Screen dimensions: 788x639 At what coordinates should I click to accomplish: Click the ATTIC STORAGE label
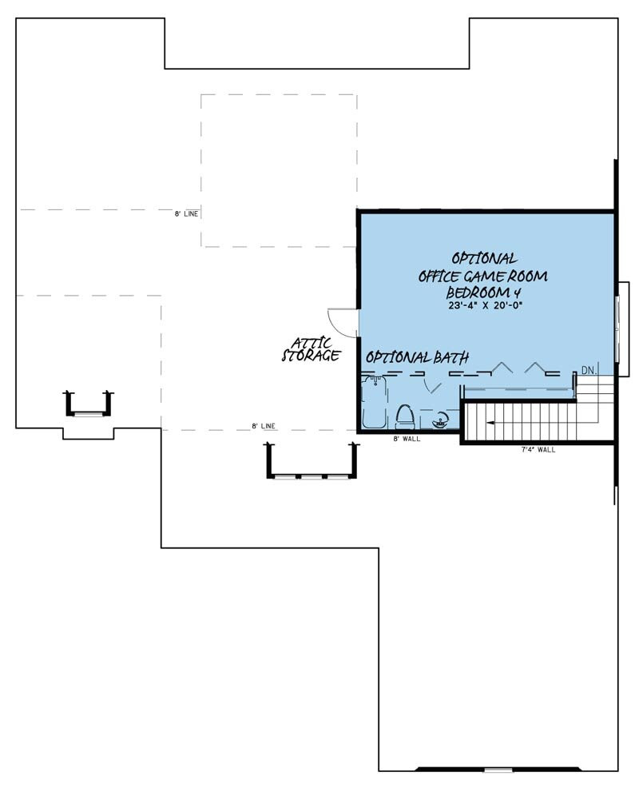312,350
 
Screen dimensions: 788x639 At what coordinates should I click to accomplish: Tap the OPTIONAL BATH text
417,357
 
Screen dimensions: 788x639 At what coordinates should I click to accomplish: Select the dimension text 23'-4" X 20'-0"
485,304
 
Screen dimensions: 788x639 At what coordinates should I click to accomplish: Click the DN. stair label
589,370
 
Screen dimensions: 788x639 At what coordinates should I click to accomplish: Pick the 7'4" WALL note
538,450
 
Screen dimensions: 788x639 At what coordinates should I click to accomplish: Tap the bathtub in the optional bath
373,404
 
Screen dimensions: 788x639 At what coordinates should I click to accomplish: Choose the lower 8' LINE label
264,426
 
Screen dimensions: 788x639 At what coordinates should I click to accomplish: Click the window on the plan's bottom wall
497,770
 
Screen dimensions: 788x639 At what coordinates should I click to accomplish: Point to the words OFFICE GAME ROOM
485,276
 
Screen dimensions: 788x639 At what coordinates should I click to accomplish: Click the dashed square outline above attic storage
279,170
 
